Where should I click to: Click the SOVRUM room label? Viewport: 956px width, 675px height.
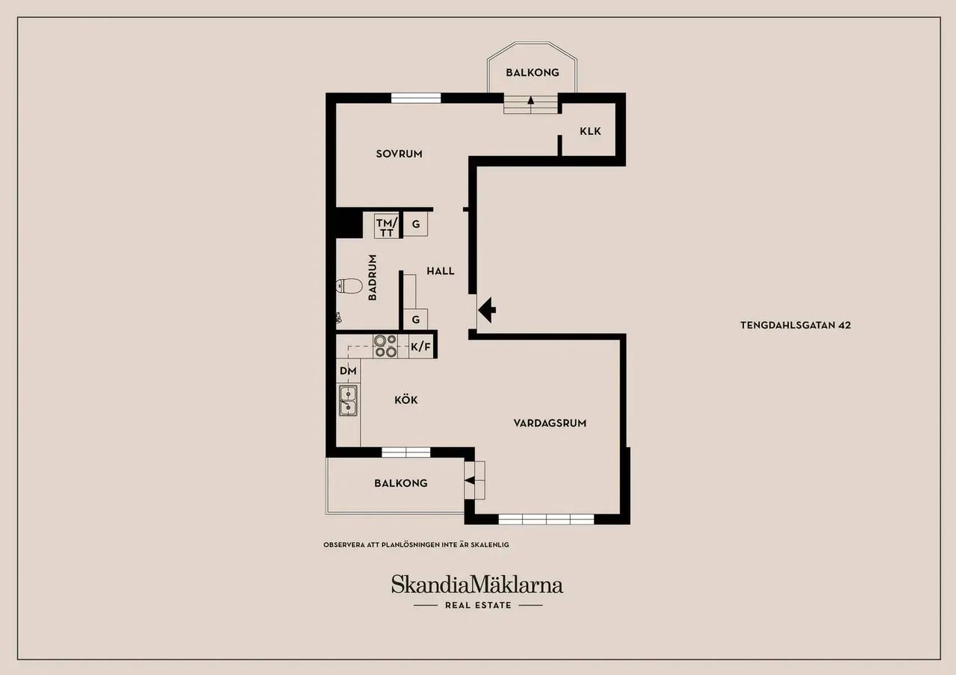point(399,154)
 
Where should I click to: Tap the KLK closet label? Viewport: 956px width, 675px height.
point(590,131)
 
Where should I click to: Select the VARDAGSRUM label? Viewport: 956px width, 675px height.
point(550,423)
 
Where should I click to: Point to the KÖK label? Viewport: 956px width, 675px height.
point(406,399)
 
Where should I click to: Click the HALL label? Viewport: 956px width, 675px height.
point(441,271)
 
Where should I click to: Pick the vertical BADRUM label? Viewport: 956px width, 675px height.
point(373,277)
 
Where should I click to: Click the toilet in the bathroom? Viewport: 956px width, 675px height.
point(349,285)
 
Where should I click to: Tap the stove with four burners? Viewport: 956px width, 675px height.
point(385,346)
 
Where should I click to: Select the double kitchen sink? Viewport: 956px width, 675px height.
point(348,400)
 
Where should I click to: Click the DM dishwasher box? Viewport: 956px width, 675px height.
point(348,371)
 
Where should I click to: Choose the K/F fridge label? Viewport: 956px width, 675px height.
point(420,347)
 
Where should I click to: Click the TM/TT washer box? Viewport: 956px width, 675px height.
point(387,225)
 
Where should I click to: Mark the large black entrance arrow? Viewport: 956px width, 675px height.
point(487,309)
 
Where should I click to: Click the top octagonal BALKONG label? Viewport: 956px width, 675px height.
point(533,72)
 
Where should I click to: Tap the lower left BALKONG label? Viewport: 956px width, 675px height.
point(401,483)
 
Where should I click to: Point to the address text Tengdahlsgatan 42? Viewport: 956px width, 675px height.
point(795,325)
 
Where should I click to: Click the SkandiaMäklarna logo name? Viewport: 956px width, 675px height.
point(477,584)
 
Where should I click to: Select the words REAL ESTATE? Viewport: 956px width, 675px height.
point(478,605)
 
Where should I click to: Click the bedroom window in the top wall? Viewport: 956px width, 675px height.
point(416,98)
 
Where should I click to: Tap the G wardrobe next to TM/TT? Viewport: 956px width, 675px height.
point(415,224)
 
